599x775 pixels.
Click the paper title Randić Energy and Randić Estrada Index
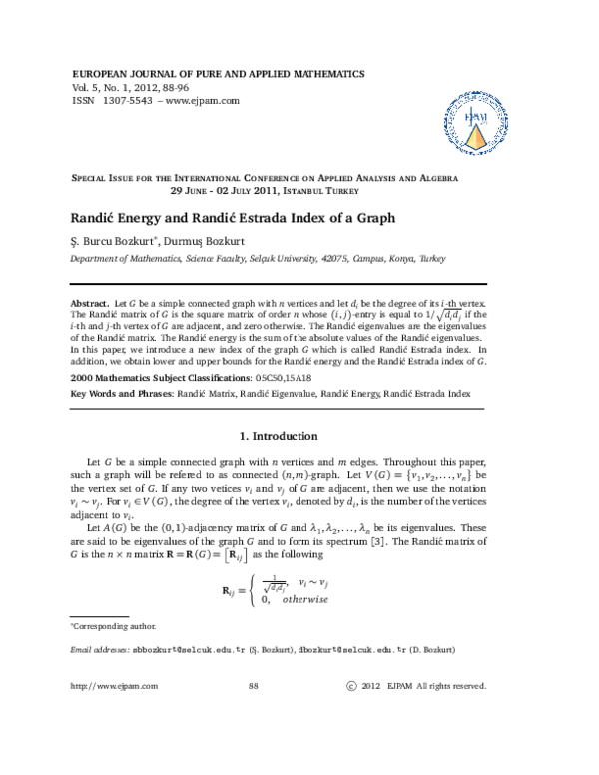[233, 218]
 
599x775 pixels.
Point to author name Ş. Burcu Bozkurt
[108, 240]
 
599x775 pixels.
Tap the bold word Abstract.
[90, 301]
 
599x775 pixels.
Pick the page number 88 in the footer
[253, 686]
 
